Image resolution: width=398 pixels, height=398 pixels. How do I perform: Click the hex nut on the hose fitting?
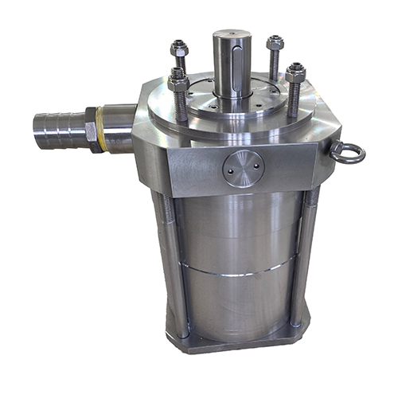coord(95,129)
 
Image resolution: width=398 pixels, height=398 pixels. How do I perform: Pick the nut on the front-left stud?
coord(178,82)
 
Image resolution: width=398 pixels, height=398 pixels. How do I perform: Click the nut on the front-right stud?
coord(295,74)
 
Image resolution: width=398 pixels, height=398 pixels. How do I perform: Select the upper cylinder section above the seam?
coord(239,231)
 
